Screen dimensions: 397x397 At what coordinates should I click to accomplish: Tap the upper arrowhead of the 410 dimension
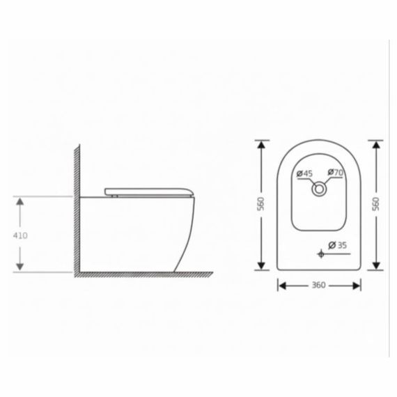pyautogui.click(x=20, y=201)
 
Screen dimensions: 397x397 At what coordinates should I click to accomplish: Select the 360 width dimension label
pyautogui.click(x=320, y=285)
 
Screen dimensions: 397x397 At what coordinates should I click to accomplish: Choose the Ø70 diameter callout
pyautogui.click(x=336, y=173)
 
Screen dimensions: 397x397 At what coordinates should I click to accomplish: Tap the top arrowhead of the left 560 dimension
pyautogui.click(x=262, y=143)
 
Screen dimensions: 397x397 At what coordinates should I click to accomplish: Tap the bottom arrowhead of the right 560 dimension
pyautogui.click(x=377, y=266)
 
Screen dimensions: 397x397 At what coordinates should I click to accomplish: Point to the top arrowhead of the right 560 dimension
pyautogui.click(x=377, y=143)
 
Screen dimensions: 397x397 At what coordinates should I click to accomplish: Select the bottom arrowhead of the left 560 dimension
pyautogui.click(x=262, y=266)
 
